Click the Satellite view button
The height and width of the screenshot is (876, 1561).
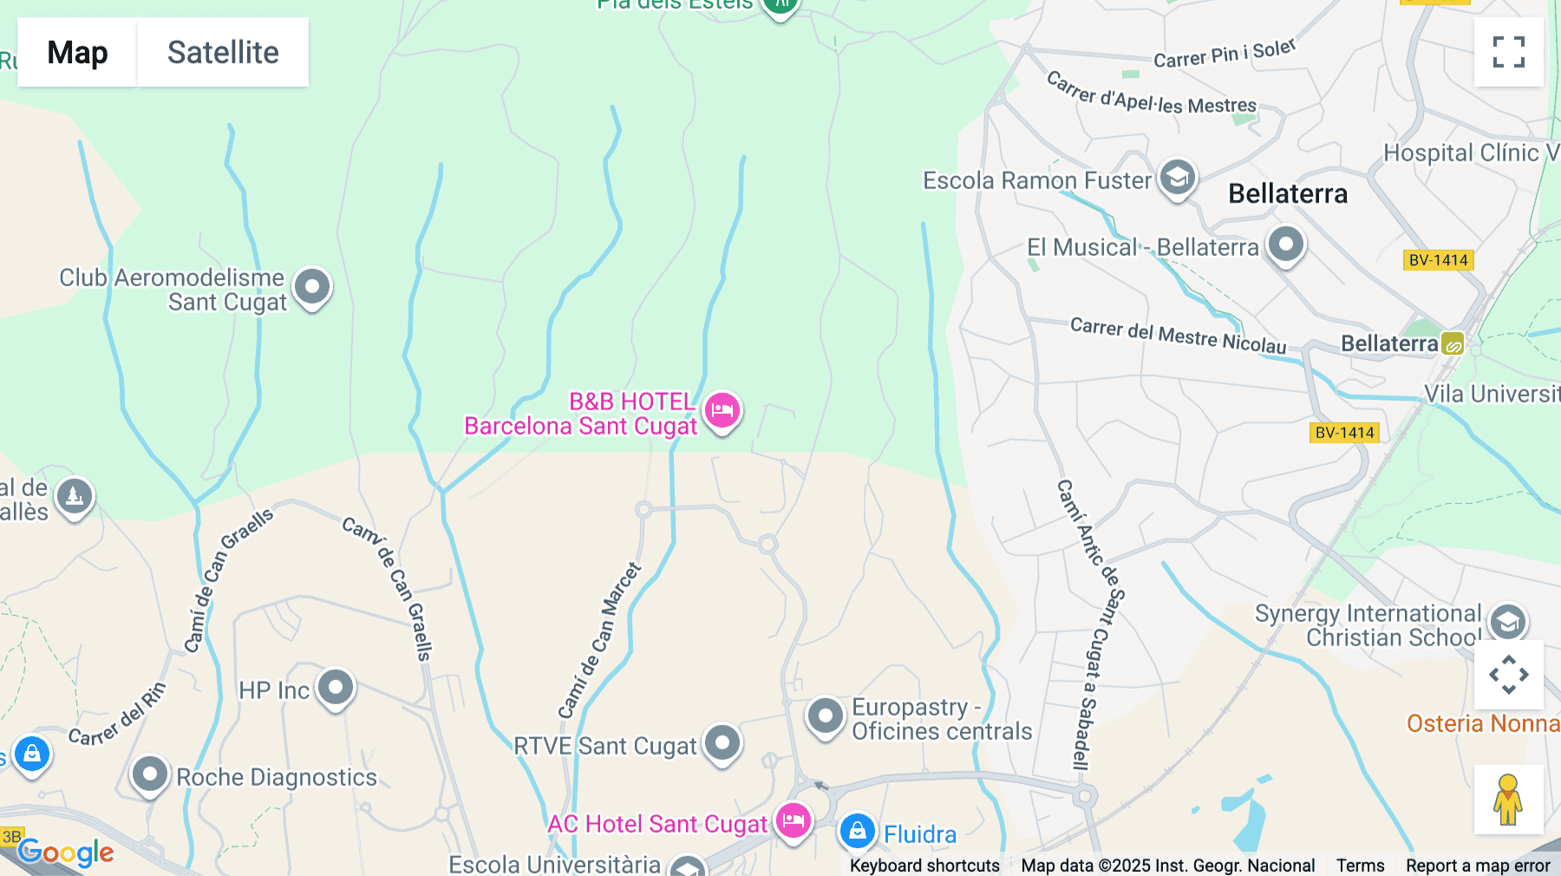(x=223, y=52)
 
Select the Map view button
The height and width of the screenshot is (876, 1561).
(x=77, y=52)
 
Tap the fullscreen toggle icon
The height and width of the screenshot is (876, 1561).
(x=1508, y=52)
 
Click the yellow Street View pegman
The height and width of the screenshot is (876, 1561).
(x=1508, y=799)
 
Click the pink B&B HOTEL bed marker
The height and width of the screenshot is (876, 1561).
(x=722, y=409)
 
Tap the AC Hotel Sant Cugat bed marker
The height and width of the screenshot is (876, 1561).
(x=793, y=820)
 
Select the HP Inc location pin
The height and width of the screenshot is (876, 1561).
(x=335, y=688)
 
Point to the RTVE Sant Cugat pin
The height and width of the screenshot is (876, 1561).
(x=722, y=742)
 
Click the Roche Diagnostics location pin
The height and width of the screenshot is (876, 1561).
(x=149, y=773)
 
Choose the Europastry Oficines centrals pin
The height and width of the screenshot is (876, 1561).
(x=825, y=716)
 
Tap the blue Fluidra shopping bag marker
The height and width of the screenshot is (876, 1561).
(x=857, y=831)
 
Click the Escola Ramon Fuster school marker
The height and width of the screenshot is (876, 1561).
(x=1177, y=178)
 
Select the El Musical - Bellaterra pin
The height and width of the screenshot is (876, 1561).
(x=1285, y=245)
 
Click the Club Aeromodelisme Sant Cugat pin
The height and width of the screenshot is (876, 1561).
(x=312, y=286)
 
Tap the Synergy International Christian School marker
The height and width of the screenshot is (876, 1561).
(x=1507, y=621)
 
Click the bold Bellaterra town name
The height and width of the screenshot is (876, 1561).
(x=1288, y=193)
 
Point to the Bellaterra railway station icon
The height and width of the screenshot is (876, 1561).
(x=1453, y=344)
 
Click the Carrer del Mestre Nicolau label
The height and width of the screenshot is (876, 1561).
(x=1178, y=336)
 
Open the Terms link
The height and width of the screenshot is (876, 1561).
(x=1360, y=865)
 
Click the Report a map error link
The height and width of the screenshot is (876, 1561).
(x=1478, y=865)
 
